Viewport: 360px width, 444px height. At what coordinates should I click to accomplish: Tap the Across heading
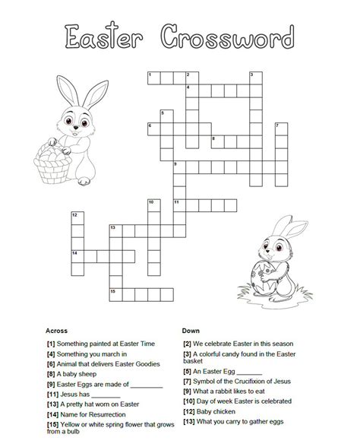(57, 331)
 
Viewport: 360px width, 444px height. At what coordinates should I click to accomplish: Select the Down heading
(190, 331)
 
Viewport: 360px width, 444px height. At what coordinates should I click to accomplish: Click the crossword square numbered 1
(152, 75)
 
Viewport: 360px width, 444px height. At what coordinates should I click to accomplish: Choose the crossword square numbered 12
(76, 217)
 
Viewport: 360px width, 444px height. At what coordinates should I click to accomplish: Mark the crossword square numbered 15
(114, 291)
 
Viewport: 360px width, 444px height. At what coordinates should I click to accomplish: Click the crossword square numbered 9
(178, 165)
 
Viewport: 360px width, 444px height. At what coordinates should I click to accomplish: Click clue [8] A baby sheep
(71, 374)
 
